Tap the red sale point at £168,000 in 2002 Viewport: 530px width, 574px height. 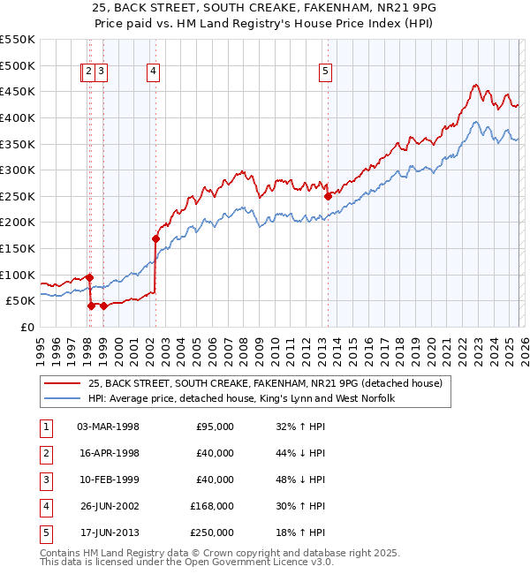155,238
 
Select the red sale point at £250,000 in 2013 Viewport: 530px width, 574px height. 327,196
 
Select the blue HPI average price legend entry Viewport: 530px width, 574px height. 240,398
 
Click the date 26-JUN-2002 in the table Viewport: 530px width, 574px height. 108,506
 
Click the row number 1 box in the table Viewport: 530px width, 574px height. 45,427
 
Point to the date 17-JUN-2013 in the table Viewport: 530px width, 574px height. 108,532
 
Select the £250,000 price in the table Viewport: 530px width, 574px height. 212,532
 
